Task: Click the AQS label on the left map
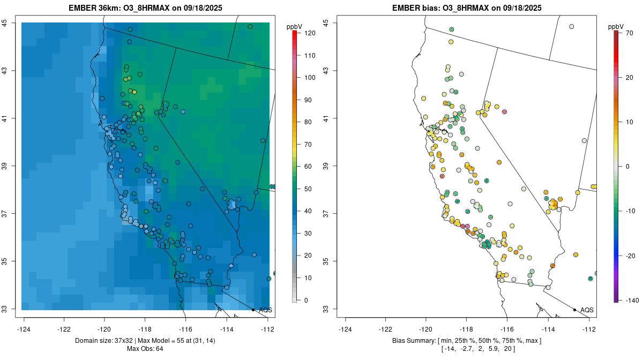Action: [265, 310]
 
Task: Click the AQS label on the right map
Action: [587, 310]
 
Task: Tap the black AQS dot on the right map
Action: [574, 310]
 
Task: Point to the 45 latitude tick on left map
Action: [4, 23]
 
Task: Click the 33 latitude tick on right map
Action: [326, 309]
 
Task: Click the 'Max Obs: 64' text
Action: [145, 349]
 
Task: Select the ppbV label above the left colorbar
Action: [294, 26]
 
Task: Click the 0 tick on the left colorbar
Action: [306, 300]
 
